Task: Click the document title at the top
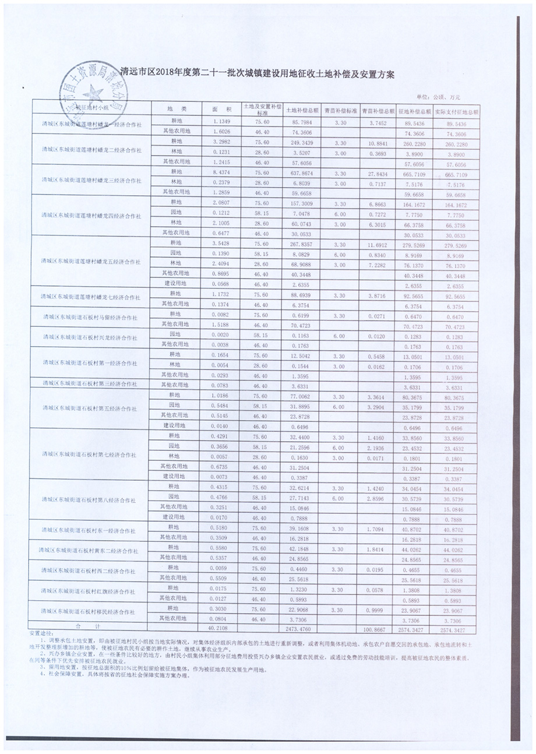(257, 75)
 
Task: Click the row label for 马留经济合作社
(92, 318)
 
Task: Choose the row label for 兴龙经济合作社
(92, 338)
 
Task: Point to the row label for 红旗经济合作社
(92, 591)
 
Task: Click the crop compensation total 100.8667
(375, 629)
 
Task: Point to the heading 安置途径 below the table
(41, 633)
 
